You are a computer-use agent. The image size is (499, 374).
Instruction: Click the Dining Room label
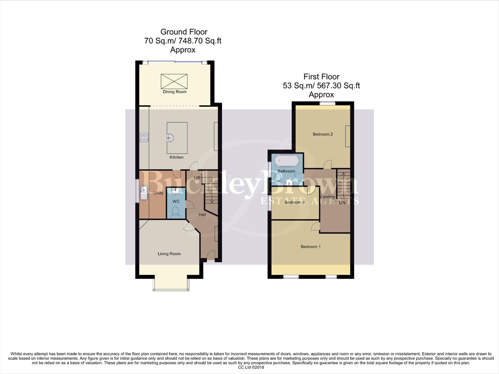click(175, 92)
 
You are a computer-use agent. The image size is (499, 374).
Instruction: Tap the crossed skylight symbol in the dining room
click(174, 81)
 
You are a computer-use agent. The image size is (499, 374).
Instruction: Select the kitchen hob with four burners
click(144, 137)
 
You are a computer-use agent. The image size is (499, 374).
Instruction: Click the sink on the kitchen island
click(170, 138)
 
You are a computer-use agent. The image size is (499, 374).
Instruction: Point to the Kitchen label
click(176, 157)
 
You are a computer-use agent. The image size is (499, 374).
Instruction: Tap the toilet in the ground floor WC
click(175, 212)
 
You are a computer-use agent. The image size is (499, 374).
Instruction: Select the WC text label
click(176, 202)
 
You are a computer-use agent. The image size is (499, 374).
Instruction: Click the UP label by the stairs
click(197, 178)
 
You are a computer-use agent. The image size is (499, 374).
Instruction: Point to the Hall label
click(202, 215)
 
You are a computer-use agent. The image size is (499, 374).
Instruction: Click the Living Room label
click(169, 254)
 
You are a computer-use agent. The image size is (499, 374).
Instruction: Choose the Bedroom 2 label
click(322, 134)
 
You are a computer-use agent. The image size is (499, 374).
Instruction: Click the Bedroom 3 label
click(294, 202)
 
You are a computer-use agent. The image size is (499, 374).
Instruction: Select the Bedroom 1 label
click(310, 247)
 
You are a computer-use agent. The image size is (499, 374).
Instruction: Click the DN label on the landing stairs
click(342, 203)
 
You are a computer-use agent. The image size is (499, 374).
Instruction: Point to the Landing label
click(328, 197)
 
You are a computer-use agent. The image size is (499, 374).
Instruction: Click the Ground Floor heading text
click(184, 32)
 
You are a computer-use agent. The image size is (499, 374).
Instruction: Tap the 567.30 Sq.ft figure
click(338, 86)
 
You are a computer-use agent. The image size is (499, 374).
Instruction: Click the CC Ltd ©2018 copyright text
click(251, 367)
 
